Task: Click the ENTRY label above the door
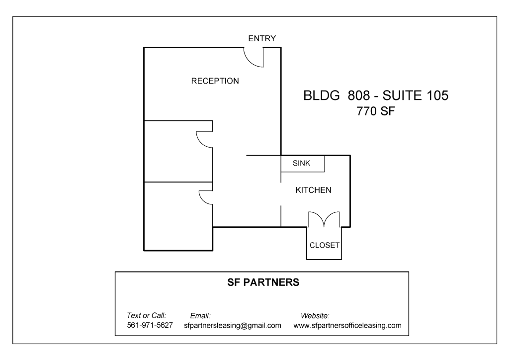[262, 38]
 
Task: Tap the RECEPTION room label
[215, 81]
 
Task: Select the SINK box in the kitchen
[303, 164]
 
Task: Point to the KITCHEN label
[313, 190]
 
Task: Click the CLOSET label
[324, 245]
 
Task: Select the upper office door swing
[199, 142]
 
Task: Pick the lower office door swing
[201, 200]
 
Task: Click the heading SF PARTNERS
[263, 282]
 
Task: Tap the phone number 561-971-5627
[150, 325]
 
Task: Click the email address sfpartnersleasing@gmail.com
[233, 325]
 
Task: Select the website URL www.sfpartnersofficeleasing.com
[347, 325]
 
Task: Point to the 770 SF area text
[376, 111]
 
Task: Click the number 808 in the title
[359, 95]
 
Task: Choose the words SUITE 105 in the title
[416, 95]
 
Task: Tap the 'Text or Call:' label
[147, 316]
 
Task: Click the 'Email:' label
[200, 316]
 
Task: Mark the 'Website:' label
[315, 316]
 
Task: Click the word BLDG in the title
[322, 95]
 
